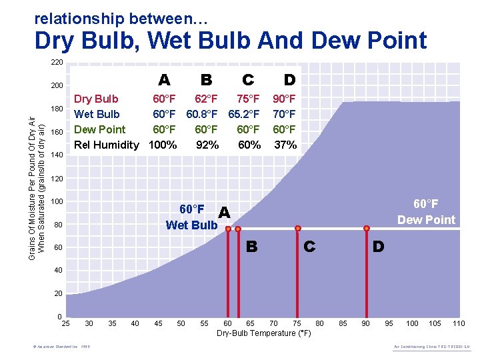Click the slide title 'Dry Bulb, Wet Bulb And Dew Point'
(230, 41)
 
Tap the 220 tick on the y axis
(57, 63)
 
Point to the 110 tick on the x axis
(458, 323)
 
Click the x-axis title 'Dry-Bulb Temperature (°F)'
(264, 333)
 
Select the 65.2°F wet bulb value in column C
(244, 114)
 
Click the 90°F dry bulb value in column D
(285, 99)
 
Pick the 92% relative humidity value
(207, 145)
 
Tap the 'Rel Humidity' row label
(107, 145)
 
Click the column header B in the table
(206, 80)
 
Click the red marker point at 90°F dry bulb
(366, 229)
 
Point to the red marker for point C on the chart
(297, 229)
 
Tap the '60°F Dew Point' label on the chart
(426, 211)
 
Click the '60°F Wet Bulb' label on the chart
(191, 217)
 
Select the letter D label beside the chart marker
(378, 247)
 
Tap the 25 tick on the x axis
(66, 323)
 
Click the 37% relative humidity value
(285, 145)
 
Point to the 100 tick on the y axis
(57, 201)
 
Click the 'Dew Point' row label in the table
(99, 129)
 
